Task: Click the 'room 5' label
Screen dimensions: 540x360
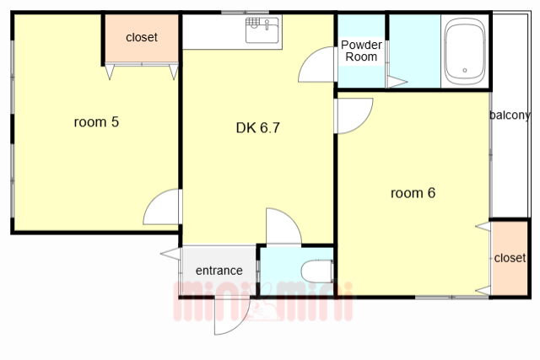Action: point(96,122)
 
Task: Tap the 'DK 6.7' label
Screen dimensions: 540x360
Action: point(258,128)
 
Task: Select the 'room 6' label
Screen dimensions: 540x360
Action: point(413,193)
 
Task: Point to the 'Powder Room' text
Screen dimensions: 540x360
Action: point(361,51)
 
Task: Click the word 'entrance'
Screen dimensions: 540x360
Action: point(219,271)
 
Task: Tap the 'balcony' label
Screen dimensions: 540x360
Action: point(510,116)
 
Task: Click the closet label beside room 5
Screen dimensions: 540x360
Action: point(142,37)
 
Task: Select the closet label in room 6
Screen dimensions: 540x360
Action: point(510,258)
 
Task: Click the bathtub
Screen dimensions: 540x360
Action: point(465,51)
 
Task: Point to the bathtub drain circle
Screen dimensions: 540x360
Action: point(465,70)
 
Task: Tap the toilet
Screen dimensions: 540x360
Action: point(317,271)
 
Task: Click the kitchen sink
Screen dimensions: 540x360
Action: point(262,30)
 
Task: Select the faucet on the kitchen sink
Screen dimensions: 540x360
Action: point(267,24)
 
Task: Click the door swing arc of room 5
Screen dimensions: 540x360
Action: point(155,198)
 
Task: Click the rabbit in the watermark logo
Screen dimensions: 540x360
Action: point(263,303)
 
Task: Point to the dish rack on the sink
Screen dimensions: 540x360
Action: point(253,23)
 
